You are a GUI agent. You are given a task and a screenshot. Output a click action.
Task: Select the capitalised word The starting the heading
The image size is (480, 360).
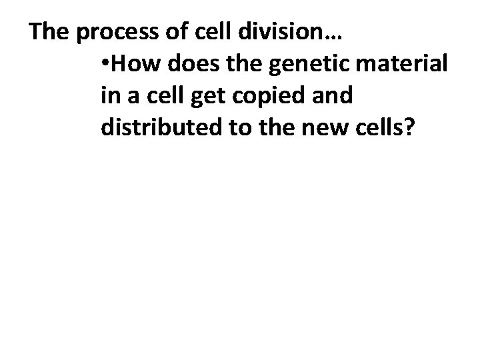coord(49,32)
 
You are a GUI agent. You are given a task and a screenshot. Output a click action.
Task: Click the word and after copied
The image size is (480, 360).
coord(334,96)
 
